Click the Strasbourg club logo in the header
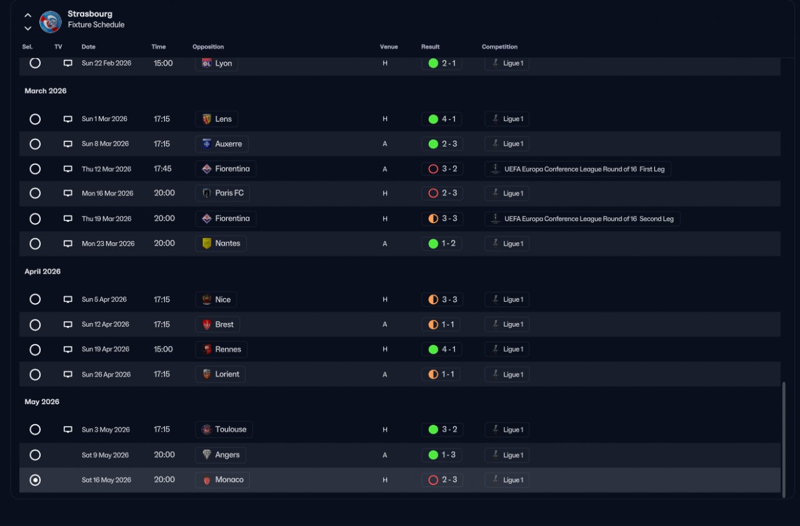coord(50,22)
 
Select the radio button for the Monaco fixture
coord(35,480)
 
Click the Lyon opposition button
coord(217,63)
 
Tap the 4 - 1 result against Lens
coord(442,119)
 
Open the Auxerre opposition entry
coord(222,144)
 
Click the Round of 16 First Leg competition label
coord(577,169)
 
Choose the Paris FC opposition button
coord(222,193)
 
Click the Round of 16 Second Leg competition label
coord(582,219)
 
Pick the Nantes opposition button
coord(221,243)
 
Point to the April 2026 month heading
coord(42,272)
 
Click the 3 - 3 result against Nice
coord(442,299)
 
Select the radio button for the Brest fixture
coord(35,324)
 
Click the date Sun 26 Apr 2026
coord(106,374)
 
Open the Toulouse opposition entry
coord(224,429)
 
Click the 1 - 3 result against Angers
coord(442,455)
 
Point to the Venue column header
coord(389,47)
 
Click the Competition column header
coord(499,47)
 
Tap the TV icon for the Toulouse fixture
coord(68,430)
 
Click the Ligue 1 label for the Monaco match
coord(507,480)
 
